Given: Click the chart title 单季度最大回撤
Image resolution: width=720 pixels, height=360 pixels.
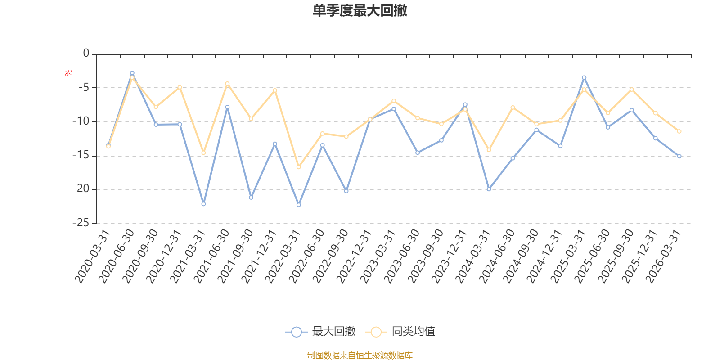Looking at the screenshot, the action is (360, 10).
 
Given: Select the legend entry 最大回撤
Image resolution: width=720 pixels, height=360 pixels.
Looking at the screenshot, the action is (320, 331).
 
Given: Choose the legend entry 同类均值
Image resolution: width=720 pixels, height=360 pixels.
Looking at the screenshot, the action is (400, 331).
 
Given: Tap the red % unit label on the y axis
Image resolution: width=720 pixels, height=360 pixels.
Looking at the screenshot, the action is (68, 73).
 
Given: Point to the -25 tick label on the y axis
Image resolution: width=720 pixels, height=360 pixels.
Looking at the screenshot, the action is (81, 223).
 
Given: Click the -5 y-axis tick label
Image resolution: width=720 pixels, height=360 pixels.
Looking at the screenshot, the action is (84, 87).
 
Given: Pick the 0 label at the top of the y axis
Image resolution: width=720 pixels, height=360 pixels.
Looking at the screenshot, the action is (86, 53).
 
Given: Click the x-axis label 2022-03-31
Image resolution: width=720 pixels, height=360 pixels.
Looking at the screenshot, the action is (283, 256).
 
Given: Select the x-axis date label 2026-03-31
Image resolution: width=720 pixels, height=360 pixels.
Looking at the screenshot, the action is (663, 256).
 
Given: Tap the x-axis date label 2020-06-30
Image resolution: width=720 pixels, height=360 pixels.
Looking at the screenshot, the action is (117, 256).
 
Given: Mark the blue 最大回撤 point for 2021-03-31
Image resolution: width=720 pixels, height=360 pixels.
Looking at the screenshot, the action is (203, 204).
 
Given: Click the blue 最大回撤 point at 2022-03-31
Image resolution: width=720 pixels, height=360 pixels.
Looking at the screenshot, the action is (299, 205).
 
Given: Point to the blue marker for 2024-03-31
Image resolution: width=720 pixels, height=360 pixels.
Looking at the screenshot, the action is (489, 189).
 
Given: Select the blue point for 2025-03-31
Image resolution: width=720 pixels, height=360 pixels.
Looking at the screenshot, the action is (584, 77).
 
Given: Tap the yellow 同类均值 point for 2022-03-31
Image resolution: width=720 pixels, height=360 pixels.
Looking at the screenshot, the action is (299, 167).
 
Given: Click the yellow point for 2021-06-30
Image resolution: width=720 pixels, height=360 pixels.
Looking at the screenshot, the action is (227, 84).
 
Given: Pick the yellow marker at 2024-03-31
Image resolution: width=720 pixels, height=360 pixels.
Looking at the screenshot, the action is (489, 150).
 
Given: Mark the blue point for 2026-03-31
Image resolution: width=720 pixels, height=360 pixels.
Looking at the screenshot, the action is (679, 156).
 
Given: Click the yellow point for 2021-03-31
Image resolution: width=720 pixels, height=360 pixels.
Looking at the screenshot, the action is (203, 153).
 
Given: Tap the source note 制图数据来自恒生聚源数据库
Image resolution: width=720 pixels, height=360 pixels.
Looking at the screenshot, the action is (360, 355).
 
